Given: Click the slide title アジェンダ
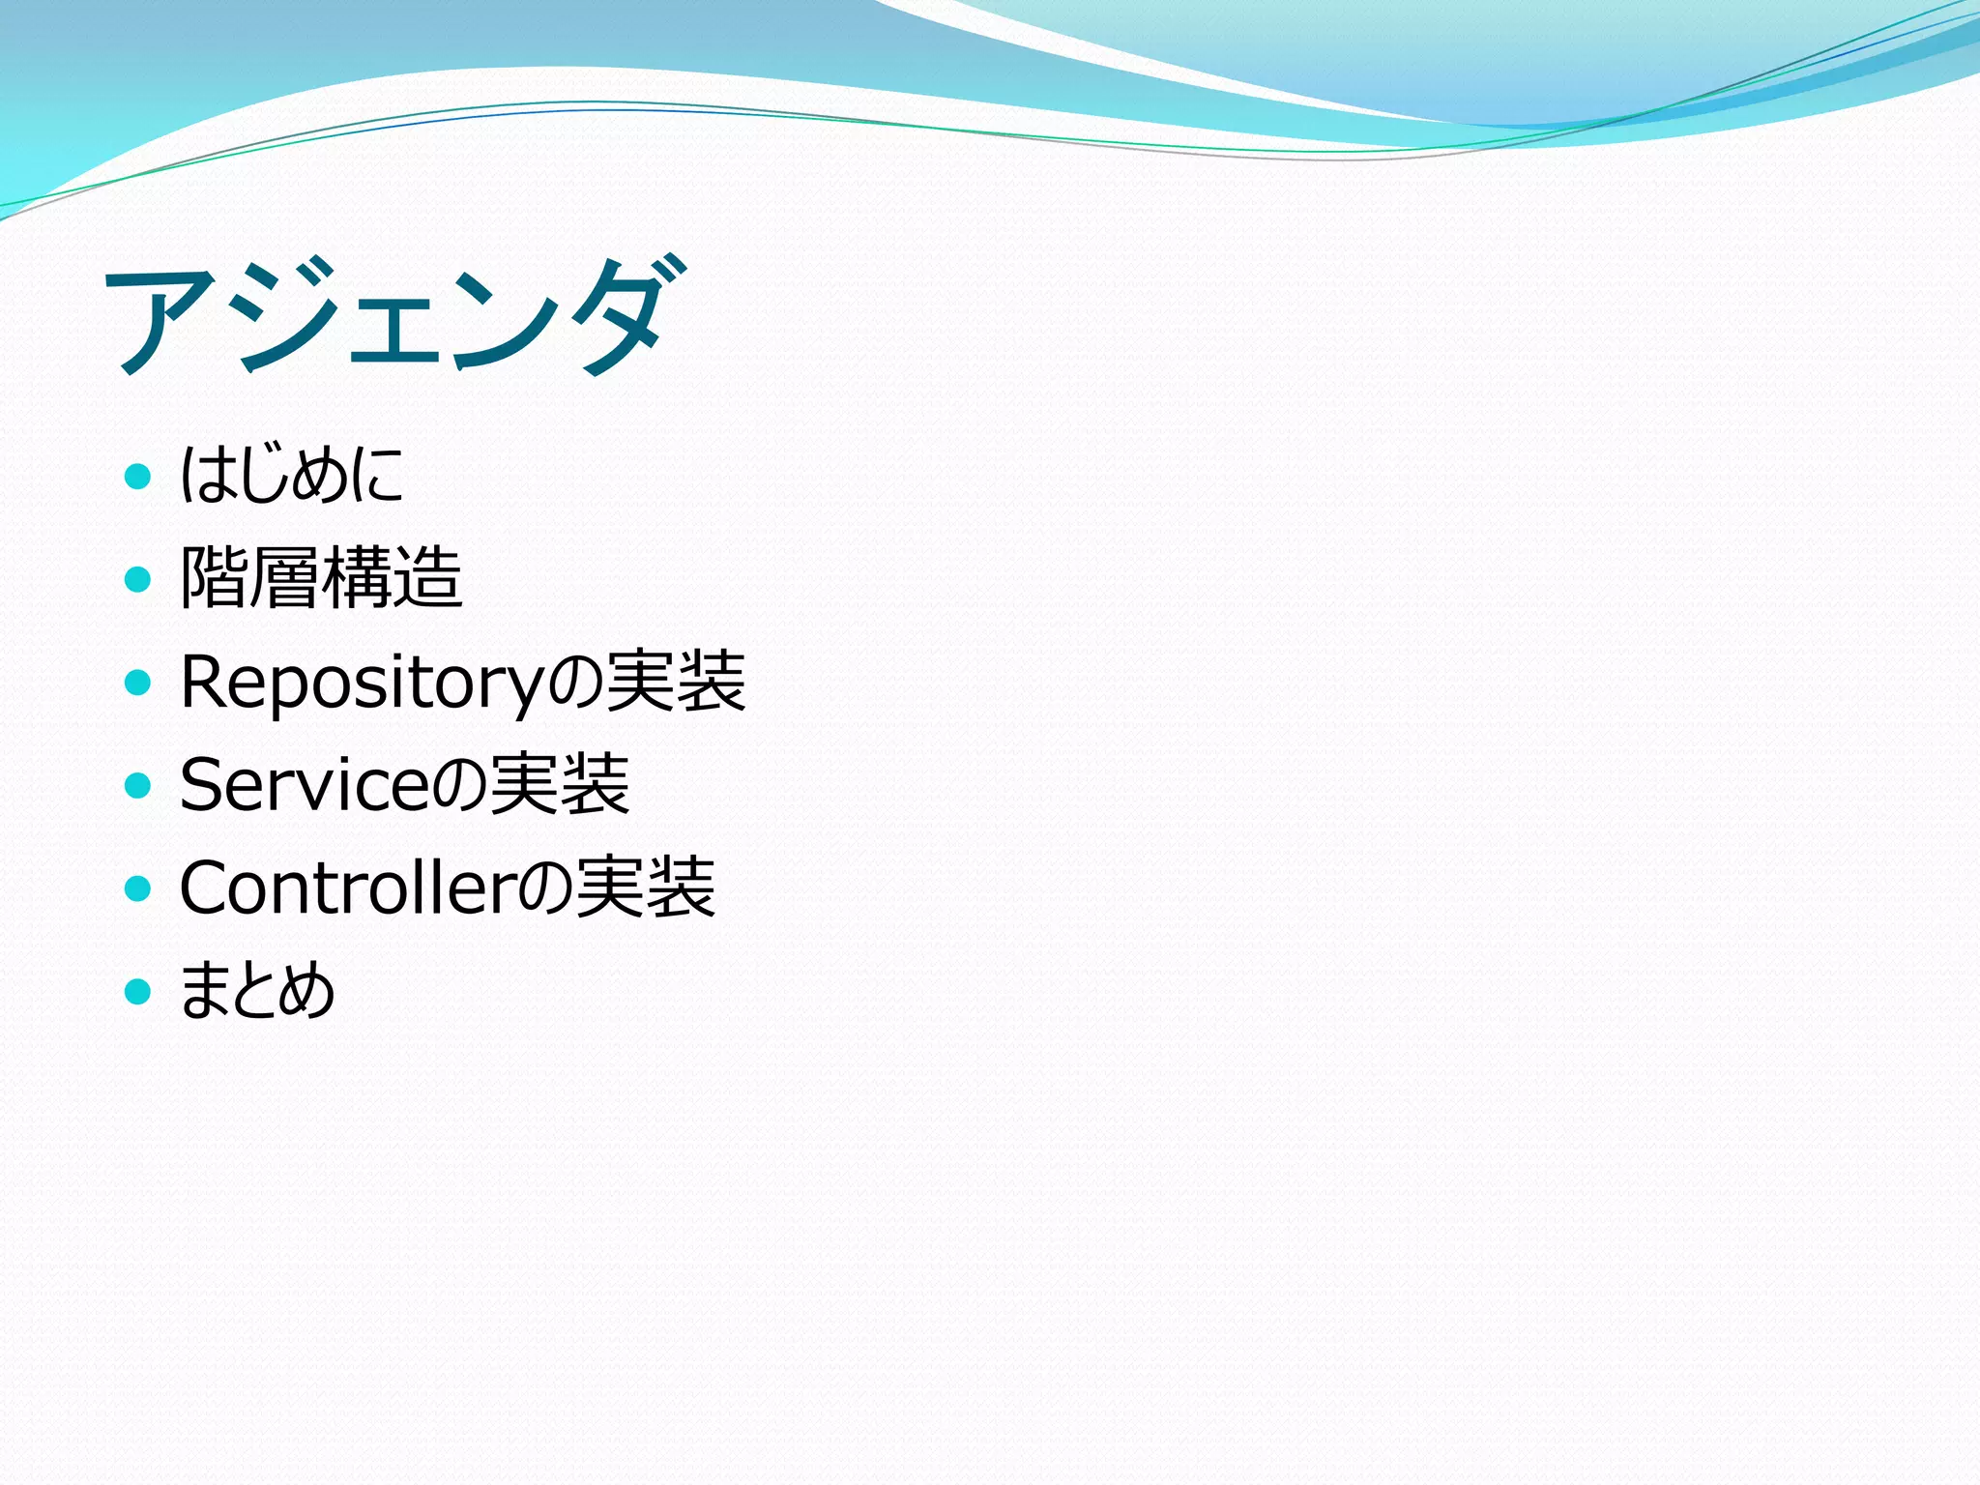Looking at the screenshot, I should (396, 316).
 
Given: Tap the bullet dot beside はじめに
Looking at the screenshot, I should (138, 476).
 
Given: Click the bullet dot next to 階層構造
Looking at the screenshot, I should (138, 579).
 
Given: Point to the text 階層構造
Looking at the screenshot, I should (321, 577).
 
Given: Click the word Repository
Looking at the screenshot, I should (363, 683).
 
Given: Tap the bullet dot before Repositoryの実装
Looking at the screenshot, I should (138, 683).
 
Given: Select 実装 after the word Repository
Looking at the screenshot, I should (677, 681).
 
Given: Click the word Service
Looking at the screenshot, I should (303, 784).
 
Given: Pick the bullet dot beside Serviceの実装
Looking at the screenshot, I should (138, 785).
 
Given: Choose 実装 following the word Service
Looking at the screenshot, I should (560, 784).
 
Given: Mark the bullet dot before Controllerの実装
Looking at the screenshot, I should (138, 888).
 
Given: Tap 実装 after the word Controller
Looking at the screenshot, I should (646, 888).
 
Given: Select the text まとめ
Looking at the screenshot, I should (257, 990).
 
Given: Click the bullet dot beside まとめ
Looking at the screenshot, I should (138, 991).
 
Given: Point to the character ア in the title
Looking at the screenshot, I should (160, 319).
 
